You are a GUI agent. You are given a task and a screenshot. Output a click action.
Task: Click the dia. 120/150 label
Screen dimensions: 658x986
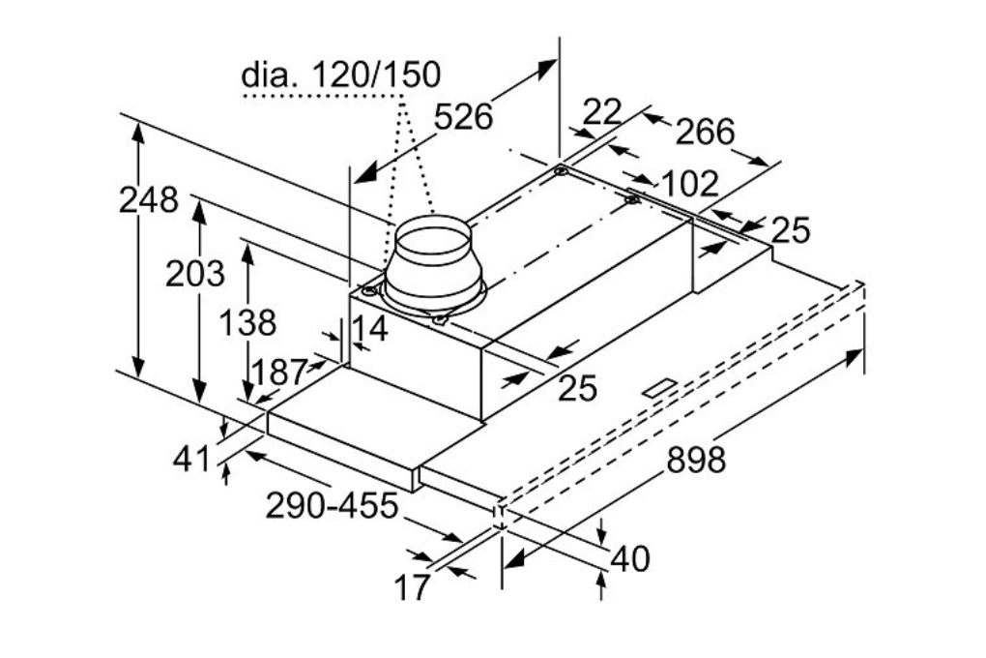340,75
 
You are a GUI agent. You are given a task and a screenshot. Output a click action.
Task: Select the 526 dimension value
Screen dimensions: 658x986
463,117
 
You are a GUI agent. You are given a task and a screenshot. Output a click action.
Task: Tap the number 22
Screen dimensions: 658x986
602,113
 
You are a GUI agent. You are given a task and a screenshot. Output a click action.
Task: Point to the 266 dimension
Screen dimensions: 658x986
705,131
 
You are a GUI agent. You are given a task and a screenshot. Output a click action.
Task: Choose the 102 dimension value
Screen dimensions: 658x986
689,183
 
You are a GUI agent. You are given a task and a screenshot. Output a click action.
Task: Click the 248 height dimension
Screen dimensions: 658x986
149,200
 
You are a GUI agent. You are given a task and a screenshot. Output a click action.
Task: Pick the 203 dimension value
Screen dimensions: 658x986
194,275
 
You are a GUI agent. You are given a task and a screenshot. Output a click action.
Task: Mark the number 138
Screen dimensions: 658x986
246,323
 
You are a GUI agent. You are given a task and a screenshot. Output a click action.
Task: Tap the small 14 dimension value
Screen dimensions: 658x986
369,329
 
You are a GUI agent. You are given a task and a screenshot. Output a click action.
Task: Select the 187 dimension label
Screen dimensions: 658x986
278,372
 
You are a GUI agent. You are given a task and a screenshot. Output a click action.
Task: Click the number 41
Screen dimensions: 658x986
191,459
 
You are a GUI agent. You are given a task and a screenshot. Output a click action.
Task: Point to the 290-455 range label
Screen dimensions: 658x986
332,505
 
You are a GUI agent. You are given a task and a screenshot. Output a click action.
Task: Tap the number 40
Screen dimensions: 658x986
630,558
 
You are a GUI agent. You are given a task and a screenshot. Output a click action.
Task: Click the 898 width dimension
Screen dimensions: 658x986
695,460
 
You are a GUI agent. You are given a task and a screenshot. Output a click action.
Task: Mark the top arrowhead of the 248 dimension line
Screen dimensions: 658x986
139,133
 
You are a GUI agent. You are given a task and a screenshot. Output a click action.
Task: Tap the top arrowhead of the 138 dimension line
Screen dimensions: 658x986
248,251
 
